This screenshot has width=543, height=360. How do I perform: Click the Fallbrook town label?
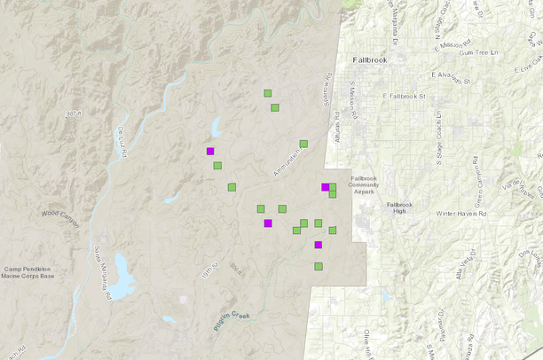[371, 59]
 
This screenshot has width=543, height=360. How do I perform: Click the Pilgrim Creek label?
[233, 321]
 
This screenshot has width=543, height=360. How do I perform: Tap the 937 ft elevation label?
[73, 113]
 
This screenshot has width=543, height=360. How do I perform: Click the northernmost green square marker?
[267, 93]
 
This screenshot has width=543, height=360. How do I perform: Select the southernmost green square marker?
[319, 266]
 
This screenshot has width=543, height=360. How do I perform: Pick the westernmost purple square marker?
[210, 151]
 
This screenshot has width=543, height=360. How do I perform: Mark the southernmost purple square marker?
[319, 245]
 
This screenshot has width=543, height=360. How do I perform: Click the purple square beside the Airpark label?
[326, 187]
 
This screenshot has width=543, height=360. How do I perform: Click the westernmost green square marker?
[217, 165]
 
